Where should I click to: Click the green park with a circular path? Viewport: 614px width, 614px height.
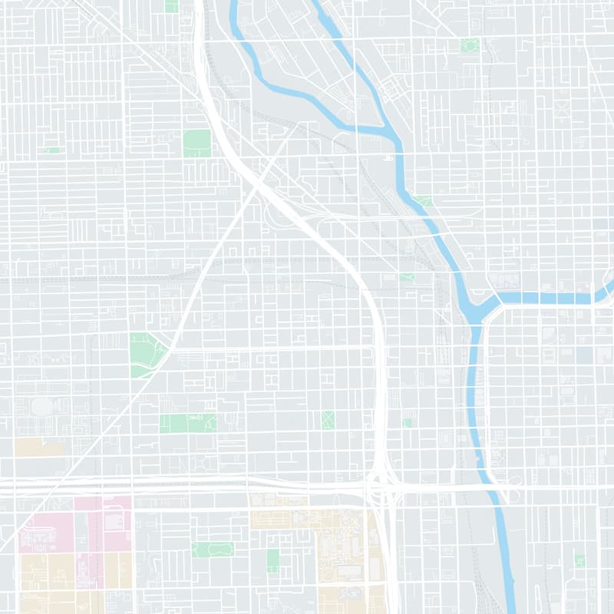[470, 45]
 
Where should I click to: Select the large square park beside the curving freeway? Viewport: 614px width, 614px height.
[196, 143]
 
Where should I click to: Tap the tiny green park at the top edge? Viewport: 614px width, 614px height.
[171, 6]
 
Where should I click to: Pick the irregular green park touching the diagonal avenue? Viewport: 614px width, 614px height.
[146, 355]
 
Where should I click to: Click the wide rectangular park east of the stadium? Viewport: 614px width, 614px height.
[188, 423]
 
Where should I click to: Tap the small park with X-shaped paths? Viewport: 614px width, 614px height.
[328, 420]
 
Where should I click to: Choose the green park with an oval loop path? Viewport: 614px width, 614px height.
[213, 550]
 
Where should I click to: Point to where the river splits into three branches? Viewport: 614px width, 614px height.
[484, 303]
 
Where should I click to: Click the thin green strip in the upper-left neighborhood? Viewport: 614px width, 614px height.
[52, 150]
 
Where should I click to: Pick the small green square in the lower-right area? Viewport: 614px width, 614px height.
[579, 561]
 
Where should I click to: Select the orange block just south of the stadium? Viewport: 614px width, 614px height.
[38, 447]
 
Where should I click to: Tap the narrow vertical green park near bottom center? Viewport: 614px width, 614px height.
[272, 560]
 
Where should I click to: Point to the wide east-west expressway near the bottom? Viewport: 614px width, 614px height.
[192, 486]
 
